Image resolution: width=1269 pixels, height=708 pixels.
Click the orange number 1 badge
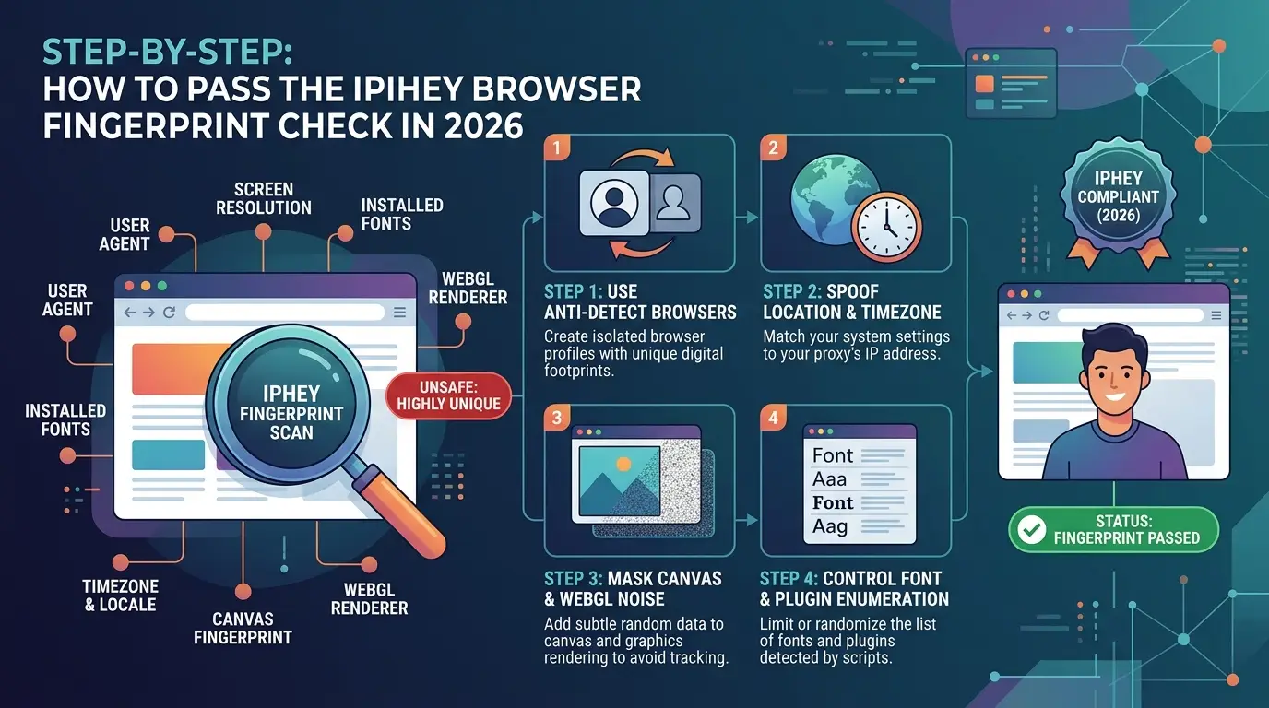556,147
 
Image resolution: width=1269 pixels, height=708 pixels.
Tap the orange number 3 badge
556,418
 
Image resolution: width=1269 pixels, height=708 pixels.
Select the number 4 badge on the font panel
773,418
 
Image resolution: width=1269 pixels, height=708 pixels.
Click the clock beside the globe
886,228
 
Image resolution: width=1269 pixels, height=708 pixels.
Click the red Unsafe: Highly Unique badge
448,395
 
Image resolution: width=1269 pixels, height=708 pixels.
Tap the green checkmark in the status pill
1032,529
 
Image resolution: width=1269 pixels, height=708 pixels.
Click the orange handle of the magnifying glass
402,513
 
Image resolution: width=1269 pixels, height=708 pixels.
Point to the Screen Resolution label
264,198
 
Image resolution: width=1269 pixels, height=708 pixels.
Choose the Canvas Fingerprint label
243,628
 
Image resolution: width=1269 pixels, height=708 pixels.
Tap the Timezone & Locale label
120,596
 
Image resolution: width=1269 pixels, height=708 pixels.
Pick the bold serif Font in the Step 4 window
832,502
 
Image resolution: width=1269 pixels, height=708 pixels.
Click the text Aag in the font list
829,526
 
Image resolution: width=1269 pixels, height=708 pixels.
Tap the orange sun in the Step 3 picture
623,465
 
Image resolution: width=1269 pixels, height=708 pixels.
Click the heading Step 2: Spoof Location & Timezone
851,301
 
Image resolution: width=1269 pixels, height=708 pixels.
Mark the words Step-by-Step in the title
167,53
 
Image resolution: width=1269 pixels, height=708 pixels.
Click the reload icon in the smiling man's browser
1044,315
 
